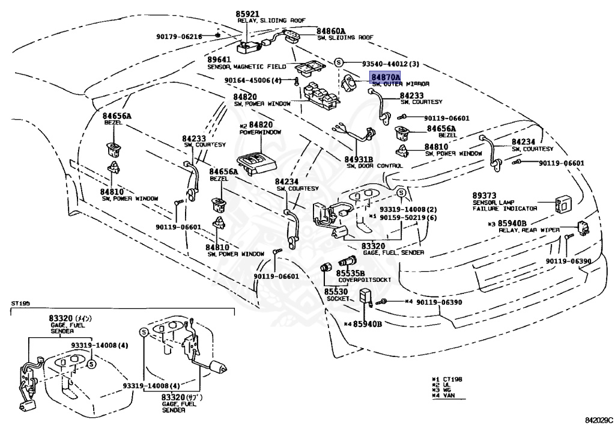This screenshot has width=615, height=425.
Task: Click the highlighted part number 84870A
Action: [385, 78]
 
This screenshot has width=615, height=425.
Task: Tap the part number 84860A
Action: [332, 31]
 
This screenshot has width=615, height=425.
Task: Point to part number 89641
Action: [219, 60]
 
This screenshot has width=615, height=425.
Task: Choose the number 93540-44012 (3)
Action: [390, 64]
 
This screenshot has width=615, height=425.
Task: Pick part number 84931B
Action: [359, 159]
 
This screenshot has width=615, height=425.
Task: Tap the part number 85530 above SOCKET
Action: [336, 292]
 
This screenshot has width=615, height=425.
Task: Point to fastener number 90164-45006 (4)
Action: [253, 81]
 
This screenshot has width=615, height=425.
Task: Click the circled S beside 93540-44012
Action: [339, 63]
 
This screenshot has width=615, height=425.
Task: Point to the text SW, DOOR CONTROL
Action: [374, 166]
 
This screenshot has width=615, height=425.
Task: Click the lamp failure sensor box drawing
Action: [565, 203]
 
